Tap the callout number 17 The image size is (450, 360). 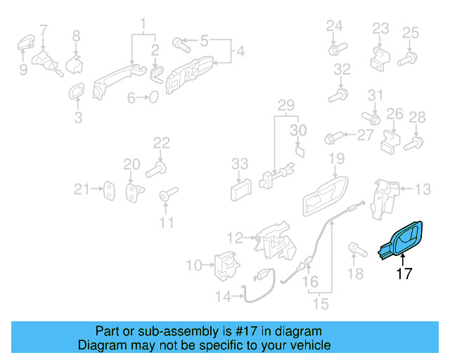click(404, 274)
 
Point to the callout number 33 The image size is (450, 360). click(240, 164)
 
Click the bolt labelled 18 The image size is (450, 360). click(355, 250)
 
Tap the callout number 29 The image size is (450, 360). click(285, 106)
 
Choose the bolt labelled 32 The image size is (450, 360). click(340, 94)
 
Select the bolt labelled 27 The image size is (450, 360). click(334, 134)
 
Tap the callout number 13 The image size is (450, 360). click(422, 188)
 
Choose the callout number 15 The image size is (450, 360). click(321, 304)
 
